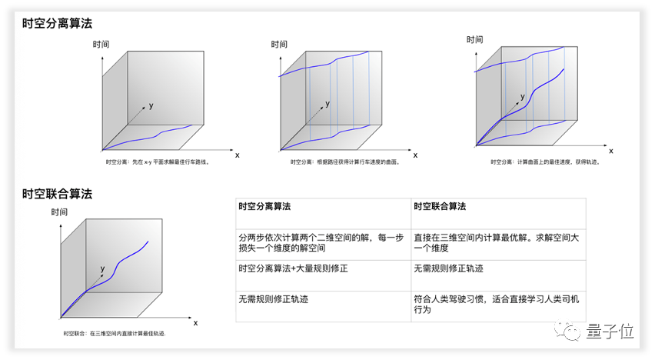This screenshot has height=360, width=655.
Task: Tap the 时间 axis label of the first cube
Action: coord(101,45)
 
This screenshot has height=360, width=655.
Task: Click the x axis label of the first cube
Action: coord(237,155)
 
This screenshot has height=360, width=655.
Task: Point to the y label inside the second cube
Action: coord(328,103)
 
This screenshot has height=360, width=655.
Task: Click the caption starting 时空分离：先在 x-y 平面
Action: coord(158,162)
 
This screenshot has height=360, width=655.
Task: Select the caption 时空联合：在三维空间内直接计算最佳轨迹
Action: coord(115,332)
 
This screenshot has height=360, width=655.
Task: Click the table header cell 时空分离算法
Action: coord(264,207)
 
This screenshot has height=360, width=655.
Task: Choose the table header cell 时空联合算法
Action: coord(440,207)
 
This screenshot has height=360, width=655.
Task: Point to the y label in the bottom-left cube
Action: coord(102,269)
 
